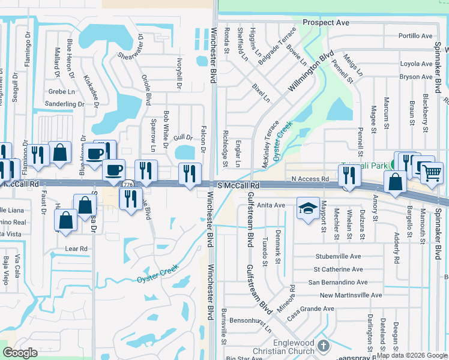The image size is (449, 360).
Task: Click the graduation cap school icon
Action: pyautogui.click(x=308, y=208)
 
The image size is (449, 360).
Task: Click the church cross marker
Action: pyautogui.click(x=324, y=346)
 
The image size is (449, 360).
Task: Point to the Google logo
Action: pyautogui.click(x=20, y=353)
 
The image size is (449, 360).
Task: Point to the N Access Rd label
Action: pyautogui.click(x=310, y=179)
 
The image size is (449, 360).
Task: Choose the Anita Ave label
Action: pyautogui.click(x=271, y=205)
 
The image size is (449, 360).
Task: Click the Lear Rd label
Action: pyautogui.click(x=76, y=248)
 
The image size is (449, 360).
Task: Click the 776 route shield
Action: pyautogui.click(x=128, y=185)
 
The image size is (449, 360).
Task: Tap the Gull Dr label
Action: pyautogui.click(x=182, y=137)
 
